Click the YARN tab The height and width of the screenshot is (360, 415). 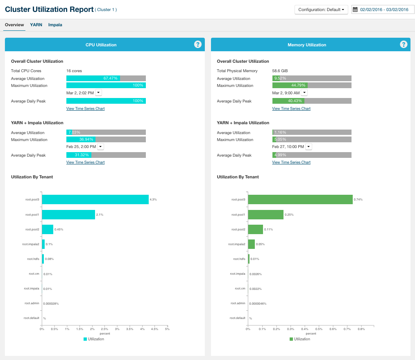[36, 25]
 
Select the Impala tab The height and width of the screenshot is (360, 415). [55, 25]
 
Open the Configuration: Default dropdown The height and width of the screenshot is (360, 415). [321, 10]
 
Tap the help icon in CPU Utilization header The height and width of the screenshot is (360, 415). [198, 44]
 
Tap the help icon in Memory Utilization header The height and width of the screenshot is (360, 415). [404, 44]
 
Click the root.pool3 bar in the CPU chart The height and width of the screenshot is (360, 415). [95, 199]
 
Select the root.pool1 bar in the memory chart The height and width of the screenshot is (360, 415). [265, 214]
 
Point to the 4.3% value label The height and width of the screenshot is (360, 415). [153, 200]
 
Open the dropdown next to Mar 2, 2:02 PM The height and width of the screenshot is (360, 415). [99, 93]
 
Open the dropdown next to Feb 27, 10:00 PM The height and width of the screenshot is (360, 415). [309, 147]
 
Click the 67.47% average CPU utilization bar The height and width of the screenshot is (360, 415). [106, 78]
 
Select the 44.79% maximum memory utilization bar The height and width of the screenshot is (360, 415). [312, 85]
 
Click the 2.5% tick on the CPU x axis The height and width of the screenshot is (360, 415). [104, 329]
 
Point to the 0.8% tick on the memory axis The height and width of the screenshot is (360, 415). [361, 329]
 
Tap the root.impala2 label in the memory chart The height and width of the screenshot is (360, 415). [237, 244]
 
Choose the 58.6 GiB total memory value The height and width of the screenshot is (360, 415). [280, 71]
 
